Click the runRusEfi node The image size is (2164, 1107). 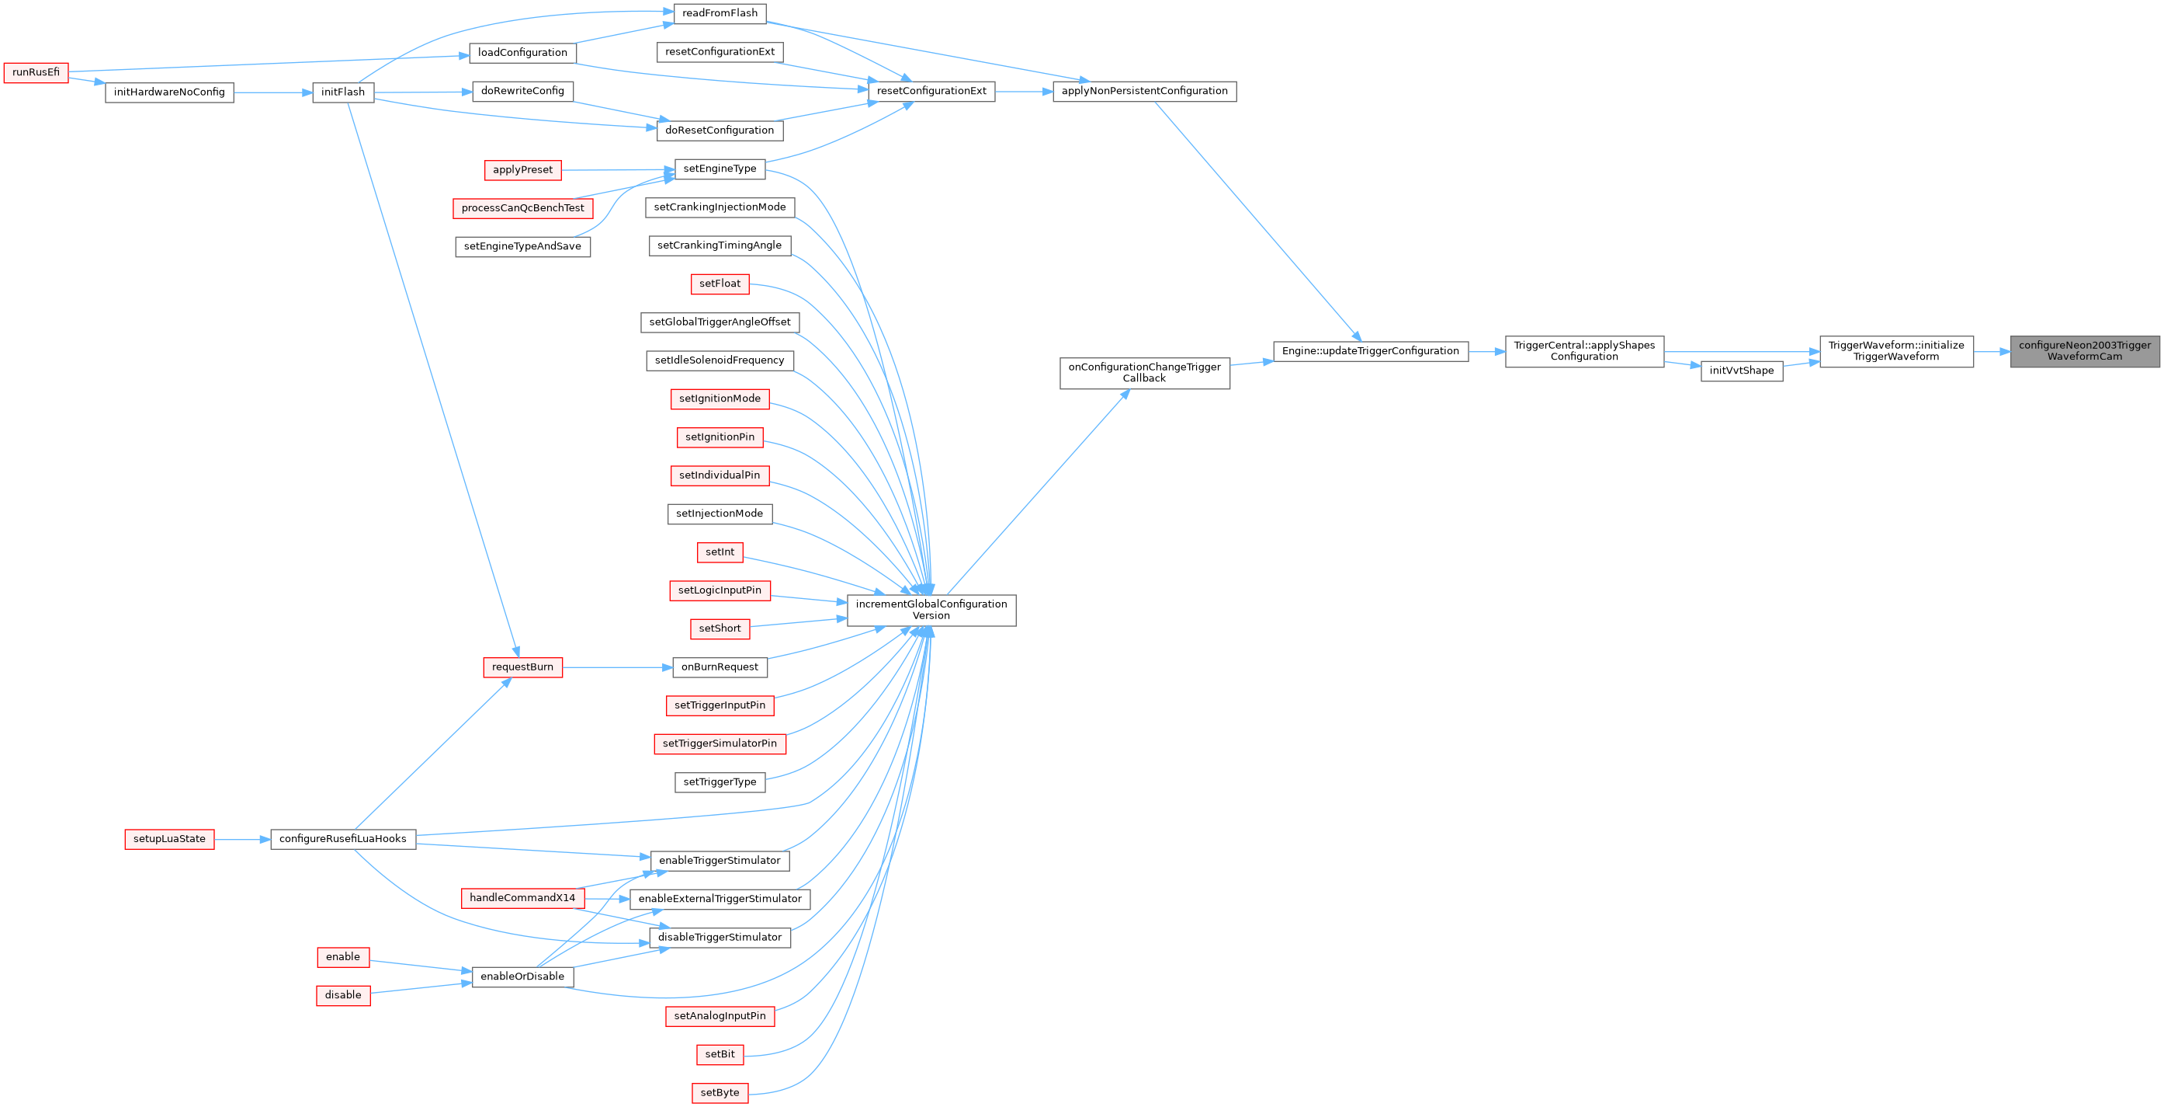point(35,72)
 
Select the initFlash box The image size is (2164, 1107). point(343,92)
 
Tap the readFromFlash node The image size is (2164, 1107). point(719,13)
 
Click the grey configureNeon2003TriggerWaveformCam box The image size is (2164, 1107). point(2084,351)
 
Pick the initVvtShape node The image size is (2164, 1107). point(1741,371)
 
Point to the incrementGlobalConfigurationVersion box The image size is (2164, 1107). point(931,611)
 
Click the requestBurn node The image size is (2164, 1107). point(522,667)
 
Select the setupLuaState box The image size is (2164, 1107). point(169,839)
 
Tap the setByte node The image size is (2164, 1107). point(720,1093)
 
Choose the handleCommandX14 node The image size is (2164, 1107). point(522,898)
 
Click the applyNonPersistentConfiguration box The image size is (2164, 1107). point(1144,91)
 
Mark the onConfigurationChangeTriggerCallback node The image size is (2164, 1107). point(1144,373)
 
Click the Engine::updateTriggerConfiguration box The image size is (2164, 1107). point(1370,351)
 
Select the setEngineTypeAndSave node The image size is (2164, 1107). point(522,246)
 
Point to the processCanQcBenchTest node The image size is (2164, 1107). point(522,208)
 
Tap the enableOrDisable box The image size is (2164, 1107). point(522,976)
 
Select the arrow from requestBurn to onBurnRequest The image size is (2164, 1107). point(617,667)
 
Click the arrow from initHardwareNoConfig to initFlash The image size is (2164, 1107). point(272,92)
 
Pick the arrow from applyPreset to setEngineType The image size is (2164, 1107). point(617,170)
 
